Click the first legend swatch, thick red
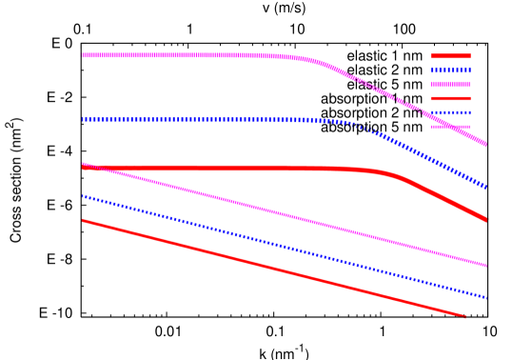(x=451, y=56)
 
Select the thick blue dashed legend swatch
(x=451, y=70)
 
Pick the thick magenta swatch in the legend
(x=451, y=85)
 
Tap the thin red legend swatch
(x=451, y=98)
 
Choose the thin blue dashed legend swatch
(x=451, y=112)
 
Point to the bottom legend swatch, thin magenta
(x=451, y=127)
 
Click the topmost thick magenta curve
(x=190, y=55)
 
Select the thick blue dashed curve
(x=190, y=120)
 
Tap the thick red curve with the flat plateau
(x=238, y=169)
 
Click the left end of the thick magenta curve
(x=84, y=55)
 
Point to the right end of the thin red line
(x=465, y=316)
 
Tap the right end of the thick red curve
(x=485, y=219)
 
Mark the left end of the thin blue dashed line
(x=84, y=196)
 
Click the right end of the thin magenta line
(x=485, y=266)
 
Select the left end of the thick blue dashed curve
(x=84, y=120)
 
